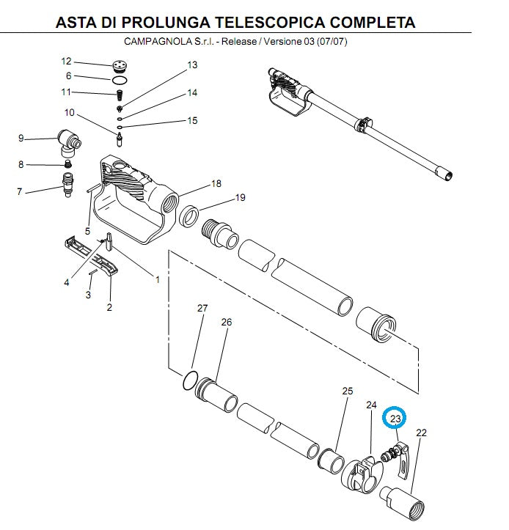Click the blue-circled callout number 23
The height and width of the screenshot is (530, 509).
[395, 419]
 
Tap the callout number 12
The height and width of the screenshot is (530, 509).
[66, 61]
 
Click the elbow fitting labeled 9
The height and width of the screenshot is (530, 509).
[69, 142]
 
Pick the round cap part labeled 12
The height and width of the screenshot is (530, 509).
[120, 66]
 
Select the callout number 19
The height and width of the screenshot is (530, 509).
[240, 197]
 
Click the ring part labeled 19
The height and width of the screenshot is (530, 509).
[188, 217]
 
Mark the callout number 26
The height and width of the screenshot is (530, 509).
[227, 322]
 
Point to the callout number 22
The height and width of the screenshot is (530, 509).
[422, 433]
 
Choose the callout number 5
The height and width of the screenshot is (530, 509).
[87, 231]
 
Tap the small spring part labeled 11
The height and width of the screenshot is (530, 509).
[120, 95]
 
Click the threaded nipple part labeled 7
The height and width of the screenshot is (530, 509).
[68, 185]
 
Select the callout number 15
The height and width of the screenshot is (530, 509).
[192, 121]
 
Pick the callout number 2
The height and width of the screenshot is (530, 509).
[109, 307]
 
